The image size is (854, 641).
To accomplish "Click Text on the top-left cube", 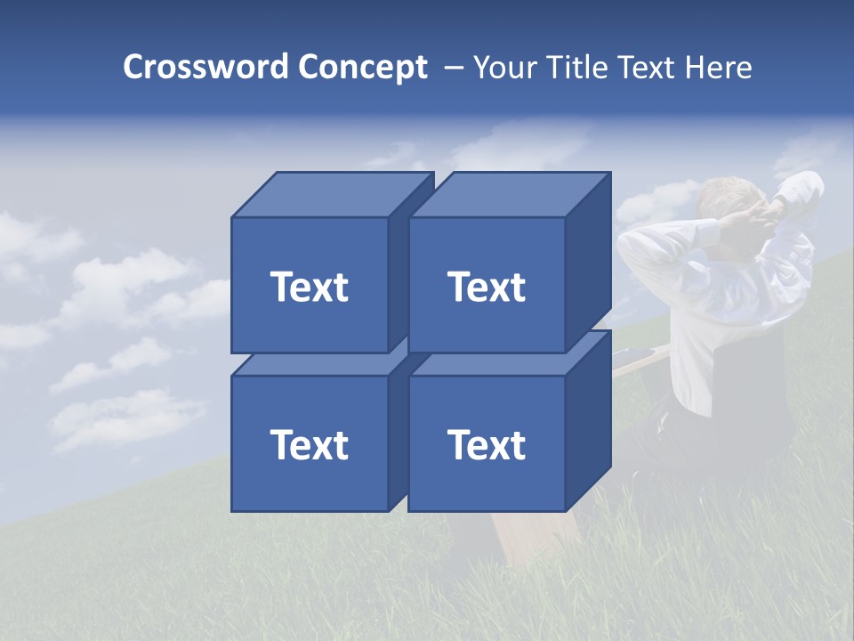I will point(310,287).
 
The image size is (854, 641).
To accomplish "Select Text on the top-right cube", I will point(487,287).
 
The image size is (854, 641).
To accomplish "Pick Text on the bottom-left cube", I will point(310,444).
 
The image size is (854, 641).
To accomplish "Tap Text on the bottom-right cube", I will point(487,444).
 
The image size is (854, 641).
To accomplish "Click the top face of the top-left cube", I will point(332,195).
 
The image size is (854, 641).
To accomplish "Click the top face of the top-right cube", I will point(509,195).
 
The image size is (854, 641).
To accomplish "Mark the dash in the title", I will point(452,68).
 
